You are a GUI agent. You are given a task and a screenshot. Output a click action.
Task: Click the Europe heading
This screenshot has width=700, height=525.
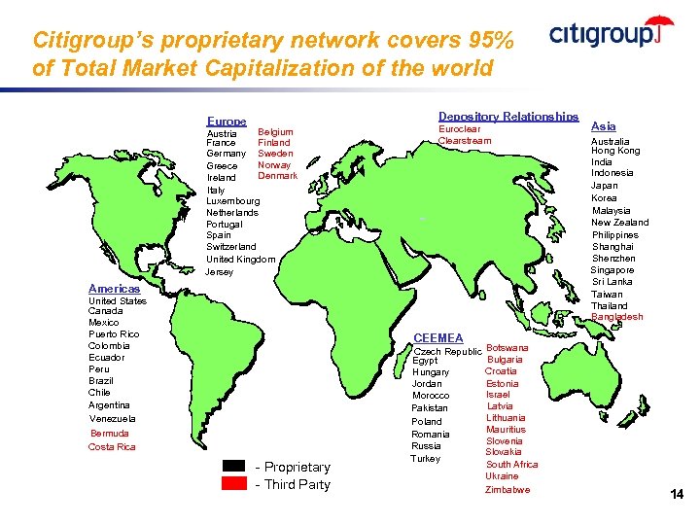[x=227, y=121]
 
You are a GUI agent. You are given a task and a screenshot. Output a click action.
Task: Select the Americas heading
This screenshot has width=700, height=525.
[x=114, y=289]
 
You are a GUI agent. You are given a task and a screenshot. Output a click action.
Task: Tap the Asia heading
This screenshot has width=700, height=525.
[x=603, y=126]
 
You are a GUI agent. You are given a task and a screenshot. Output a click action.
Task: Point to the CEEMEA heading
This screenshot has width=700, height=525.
[x=438, y=337]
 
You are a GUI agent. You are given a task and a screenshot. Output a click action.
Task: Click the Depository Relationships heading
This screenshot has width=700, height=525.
[x=508, y=117]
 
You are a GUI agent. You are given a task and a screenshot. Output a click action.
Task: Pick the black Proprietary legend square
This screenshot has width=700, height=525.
[x=234, y=467]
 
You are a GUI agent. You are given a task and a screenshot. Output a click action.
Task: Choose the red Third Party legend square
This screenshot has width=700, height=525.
[x=234, y=484]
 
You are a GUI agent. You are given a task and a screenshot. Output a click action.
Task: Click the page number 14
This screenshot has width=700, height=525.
[x=677, y=495]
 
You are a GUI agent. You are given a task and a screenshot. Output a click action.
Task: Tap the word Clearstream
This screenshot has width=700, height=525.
[x=465, y=141]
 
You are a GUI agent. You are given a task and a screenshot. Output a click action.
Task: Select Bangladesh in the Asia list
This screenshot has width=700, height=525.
[x=617, y=317]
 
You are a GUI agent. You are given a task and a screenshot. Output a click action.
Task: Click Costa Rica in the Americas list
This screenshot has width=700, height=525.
[x=112, y=447]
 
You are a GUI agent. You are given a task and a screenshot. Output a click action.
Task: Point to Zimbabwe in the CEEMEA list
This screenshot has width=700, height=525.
[x=507, y=490]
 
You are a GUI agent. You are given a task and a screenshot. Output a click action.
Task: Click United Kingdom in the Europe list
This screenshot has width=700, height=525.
[x=240, y=260]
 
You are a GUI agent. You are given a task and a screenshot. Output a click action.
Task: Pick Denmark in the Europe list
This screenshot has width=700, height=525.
[x=277, y=176]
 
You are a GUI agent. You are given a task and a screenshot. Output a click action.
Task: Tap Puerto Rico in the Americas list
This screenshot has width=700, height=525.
[x=114, y=334]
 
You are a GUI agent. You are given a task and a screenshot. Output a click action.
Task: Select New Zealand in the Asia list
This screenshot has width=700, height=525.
[x=620, y=223]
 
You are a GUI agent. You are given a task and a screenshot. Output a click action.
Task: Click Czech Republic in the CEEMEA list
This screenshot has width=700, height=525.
[x=447, y=352]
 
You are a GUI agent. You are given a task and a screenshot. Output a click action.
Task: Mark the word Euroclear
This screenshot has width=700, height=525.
[x=459, y=129]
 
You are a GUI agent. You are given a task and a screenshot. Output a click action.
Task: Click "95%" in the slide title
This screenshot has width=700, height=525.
[x=488, y=41]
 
